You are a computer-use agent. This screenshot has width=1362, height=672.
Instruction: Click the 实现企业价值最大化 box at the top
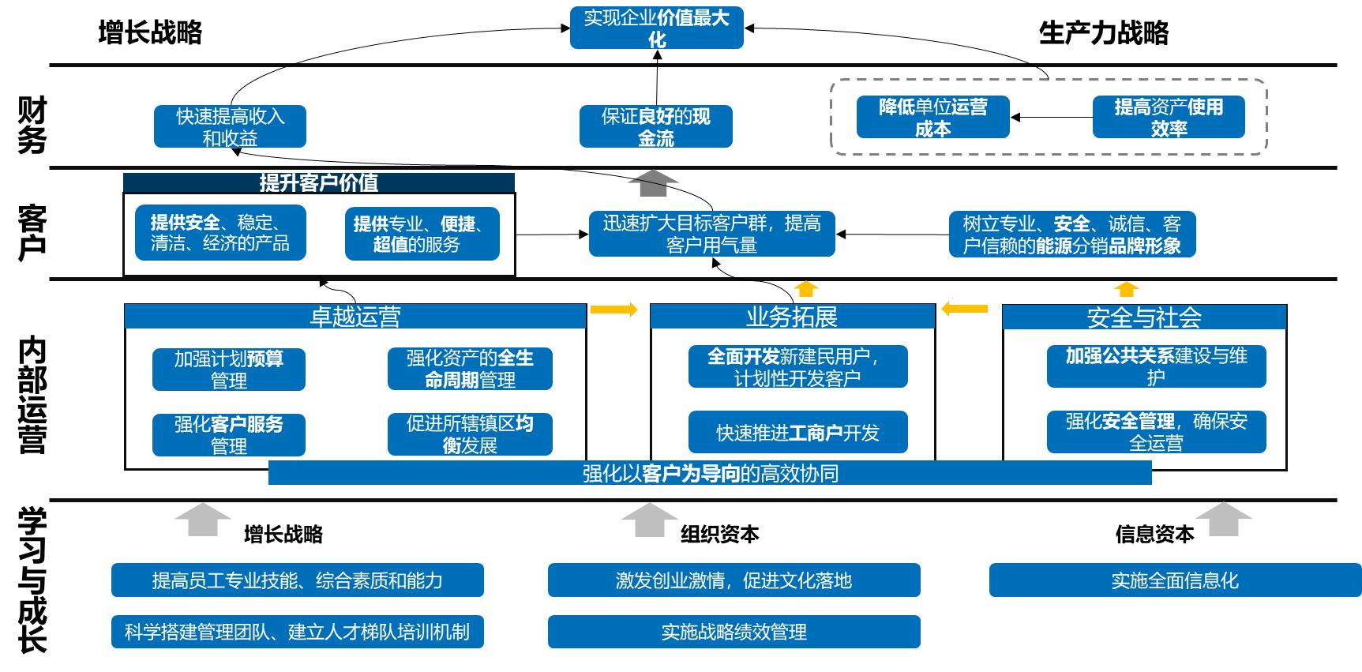(656, 28)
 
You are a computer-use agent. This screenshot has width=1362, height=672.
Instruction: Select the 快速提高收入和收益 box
(230, 126)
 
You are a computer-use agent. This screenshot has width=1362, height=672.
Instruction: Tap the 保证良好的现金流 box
(655, 126)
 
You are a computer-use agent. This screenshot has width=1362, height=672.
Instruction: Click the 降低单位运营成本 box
(932, 117)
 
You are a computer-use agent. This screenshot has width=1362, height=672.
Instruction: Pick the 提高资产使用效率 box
(1168, 117)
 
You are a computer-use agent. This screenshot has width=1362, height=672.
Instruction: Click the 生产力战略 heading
(1103, 33)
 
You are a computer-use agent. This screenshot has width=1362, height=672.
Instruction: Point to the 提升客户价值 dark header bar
(319, 183)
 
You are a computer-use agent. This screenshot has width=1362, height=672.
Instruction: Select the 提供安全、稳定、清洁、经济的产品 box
(220, 233)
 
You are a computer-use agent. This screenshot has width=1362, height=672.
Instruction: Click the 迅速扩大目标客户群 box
(711, 234)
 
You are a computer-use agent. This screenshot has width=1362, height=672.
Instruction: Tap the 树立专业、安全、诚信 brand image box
(1071, 234)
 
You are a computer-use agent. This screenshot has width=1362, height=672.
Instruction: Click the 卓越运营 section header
(355, 317)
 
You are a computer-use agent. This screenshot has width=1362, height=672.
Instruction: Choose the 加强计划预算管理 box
(229, 370)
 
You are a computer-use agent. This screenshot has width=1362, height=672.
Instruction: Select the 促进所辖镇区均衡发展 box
(470, 434)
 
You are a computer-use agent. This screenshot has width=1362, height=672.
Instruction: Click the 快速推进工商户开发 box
(797, 432)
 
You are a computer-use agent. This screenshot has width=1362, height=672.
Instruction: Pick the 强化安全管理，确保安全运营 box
(1156, 432)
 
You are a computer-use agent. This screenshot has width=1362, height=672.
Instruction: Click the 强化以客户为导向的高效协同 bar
(710, 473)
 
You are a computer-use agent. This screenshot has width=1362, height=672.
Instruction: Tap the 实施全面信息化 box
(1174, 580)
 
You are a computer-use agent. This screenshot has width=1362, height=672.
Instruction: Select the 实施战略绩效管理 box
(734, 632)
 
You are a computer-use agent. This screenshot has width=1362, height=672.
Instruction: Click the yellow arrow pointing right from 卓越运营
(614, 310)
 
